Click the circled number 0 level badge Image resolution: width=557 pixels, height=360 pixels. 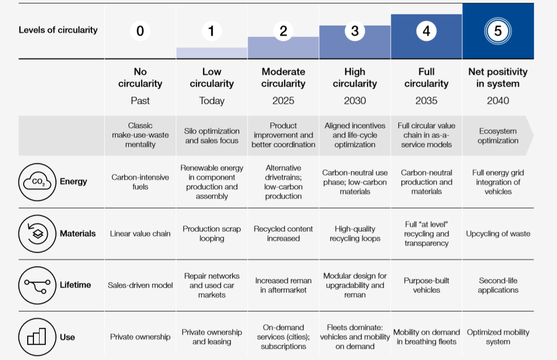140,31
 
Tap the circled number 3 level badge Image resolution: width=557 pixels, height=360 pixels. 355,31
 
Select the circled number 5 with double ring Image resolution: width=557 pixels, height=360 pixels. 497,31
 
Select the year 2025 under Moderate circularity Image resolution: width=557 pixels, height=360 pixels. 283,101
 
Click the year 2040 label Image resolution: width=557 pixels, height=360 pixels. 497,101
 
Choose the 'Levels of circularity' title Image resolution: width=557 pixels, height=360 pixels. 58,30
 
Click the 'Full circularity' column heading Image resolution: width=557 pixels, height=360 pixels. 426,78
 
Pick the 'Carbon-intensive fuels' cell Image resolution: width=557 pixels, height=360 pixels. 140,182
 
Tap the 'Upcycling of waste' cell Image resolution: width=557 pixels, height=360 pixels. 497,234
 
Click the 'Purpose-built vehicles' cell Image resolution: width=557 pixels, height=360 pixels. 426,285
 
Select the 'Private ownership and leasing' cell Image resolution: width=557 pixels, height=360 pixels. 212,337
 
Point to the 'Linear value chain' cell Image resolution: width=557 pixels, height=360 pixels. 140,234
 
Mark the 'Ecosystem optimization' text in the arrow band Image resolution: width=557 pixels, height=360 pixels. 497,136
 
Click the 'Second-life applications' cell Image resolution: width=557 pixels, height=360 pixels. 497,285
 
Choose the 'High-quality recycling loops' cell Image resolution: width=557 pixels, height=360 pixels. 355,234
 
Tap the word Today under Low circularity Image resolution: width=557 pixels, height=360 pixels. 212,101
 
